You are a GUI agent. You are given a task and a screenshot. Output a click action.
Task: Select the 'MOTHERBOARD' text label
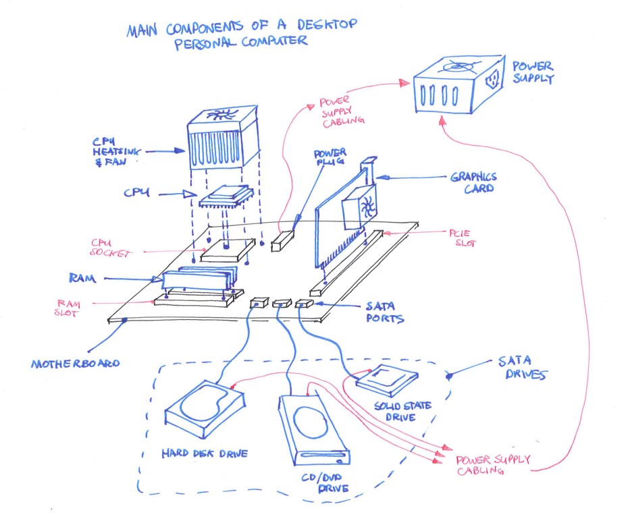74,364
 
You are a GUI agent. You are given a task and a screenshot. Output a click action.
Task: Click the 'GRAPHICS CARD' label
474,183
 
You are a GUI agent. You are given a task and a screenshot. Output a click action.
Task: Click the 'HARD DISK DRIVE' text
205,453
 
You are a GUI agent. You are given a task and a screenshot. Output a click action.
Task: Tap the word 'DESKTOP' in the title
332,26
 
